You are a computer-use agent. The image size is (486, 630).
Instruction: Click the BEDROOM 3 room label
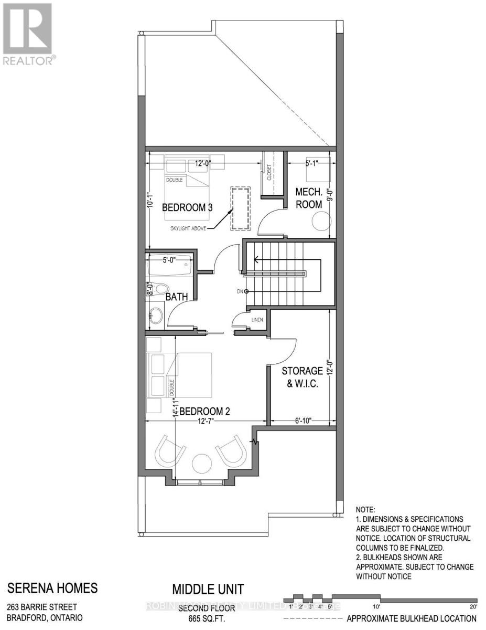point(187,207)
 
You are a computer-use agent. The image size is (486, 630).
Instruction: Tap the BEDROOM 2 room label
point(205,412)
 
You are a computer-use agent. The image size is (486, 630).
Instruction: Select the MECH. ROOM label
point(309,197)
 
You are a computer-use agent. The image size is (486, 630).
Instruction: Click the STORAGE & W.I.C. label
point(303,377)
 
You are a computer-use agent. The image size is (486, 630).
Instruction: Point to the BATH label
point(177,297)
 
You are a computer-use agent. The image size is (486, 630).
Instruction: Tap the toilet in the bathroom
point(159,289)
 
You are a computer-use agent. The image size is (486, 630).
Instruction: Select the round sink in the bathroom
point(156,316)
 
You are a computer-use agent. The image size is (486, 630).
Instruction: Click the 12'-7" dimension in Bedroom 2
point(206,421)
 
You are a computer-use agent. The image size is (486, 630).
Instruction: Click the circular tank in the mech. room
point(320,223)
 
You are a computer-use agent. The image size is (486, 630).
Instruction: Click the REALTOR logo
point(27,34)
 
